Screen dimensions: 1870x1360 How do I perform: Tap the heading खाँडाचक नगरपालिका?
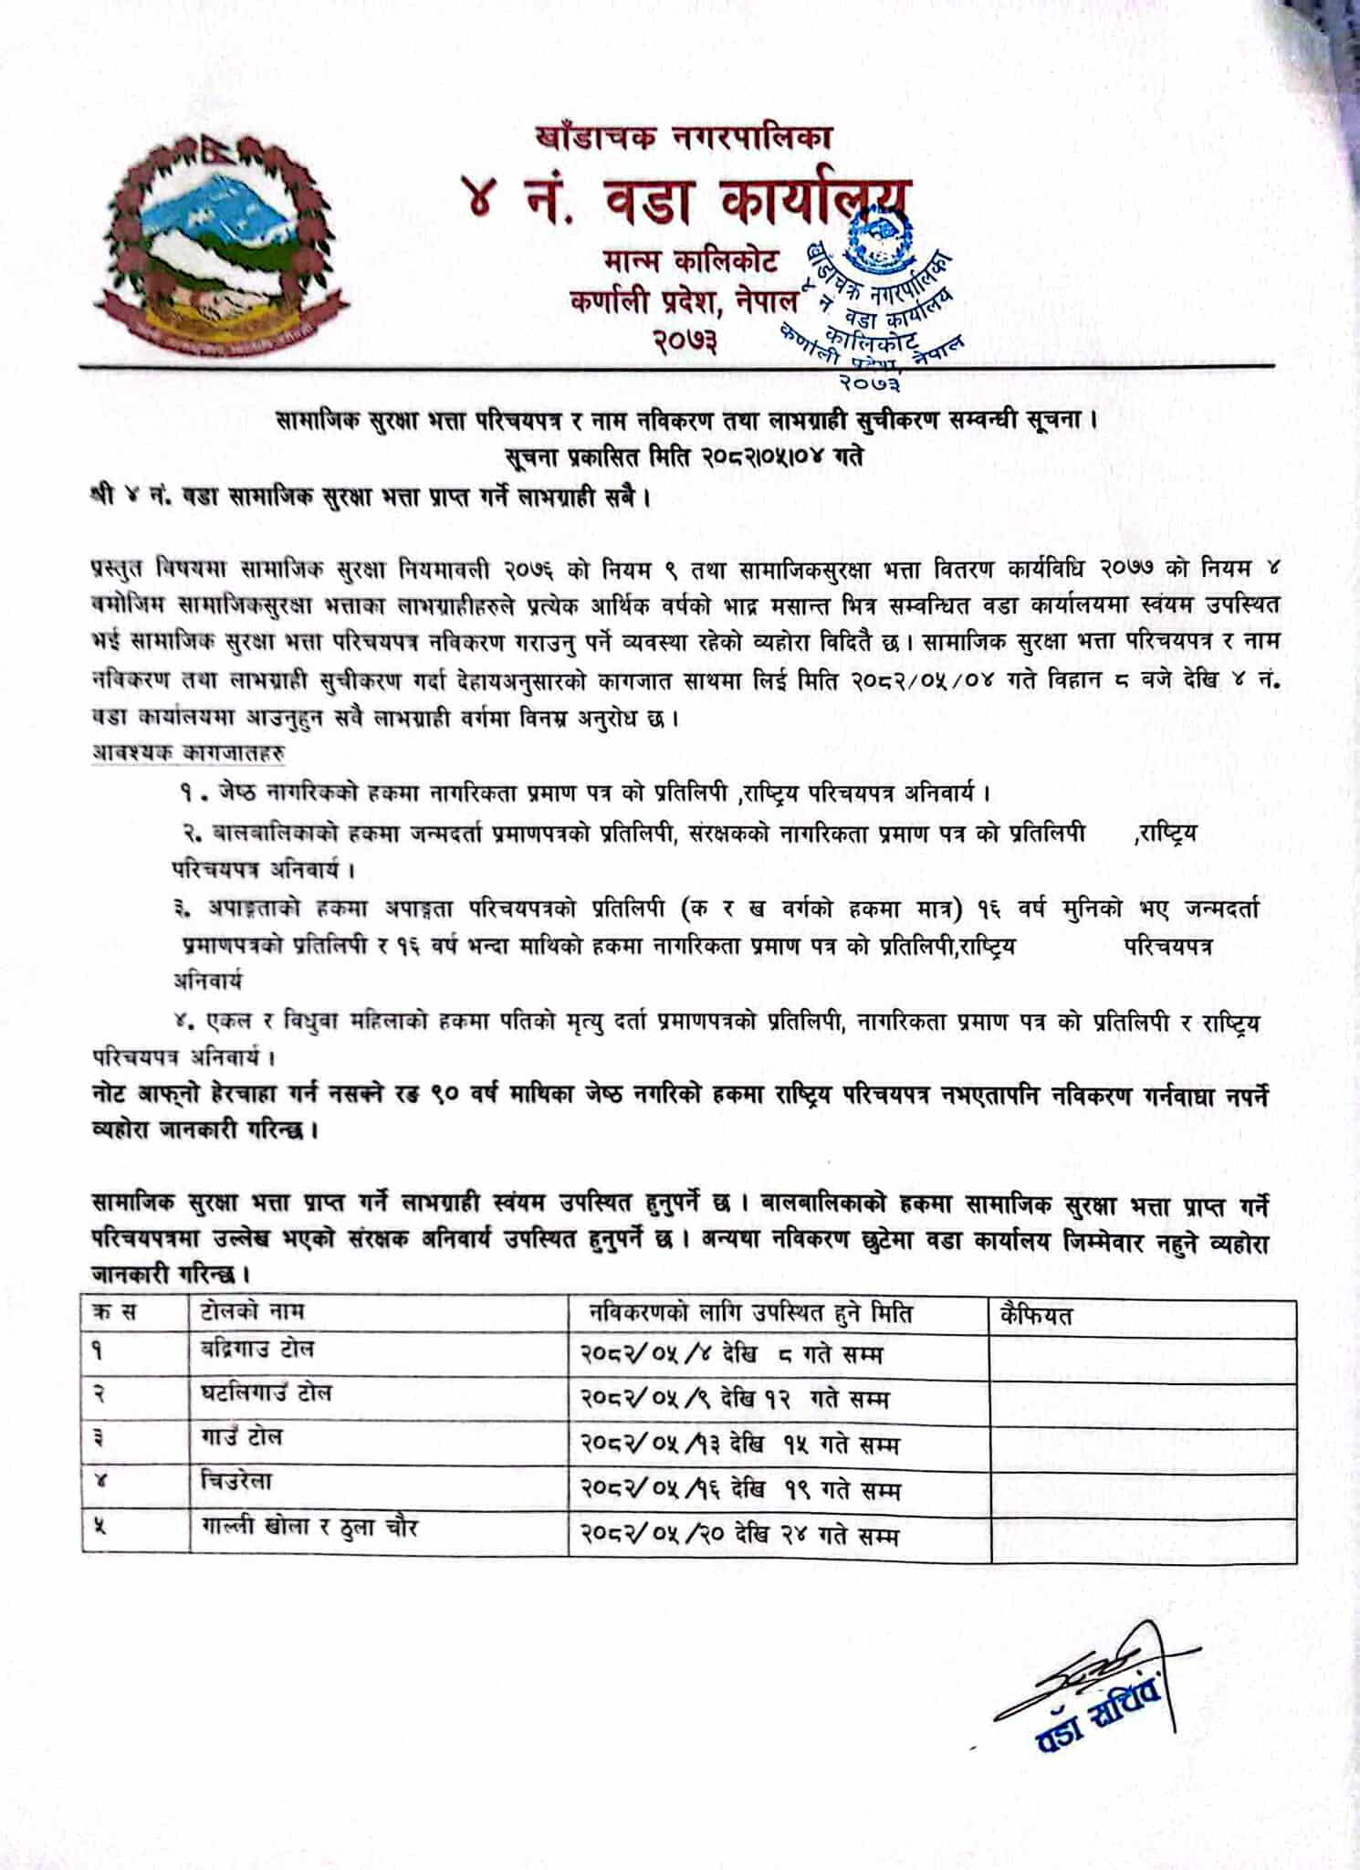(684, 138)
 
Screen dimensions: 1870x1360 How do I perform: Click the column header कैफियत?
(1036, 1316)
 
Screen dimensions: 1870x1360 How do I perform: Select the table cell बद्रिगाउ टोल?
(257, 1349)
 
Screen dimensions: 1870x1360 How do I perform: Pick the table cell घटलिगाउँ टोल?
(266, 1393)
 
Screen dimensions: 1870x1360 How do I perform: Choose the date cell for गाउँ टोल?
(739, 1444)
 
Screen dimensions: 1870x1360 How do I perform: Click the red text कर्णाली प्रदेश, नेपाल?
(684, 300)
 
